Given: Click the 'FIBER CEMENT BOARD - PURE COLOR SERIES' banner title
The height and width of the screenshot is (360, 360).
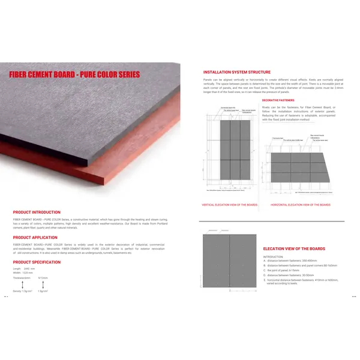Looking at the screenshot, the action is pyautogui.click(x=74, y=74).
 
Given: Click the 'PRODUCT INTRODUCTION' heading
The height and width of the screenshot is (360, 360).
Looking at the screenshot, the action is pyautogui.click(x=37, y=212).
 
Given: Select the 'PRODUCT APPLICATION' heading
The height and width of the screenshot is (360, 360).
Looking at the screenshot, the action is pyautogui.click(x=35, y=238).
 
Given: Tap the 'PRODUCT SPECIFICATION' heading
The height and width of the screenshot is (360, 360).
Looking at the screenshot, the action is pyautogui.click(x=37, y=262).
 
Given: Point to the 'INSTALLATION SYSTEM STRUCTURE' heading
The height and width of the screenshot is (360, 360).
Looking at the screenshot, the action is pyautogui.click(x=236, y=72).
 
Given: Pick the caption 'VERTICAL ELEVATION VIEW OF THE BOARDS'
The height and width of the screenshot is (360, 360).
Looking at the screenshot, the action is pyautogui.click(x=230, y=205).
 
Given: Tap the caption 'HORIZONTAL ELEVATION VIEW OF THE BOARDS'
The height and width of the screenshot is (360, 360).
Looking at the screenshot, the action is pyautogui.click(x=300, y=205).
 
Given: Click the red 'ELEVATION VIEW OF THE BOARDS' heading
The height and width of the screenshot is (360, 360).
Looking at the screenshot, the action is pyautogui.click(x=294, y=248).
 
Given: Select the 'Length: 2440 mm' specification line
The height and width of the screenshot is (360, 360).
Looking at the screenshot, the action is pyautogui.click(x=25, y=268).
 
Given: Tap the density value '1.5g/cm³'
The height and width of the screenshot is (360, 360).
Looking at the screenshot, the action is pyautogui.click(x=43, y=291).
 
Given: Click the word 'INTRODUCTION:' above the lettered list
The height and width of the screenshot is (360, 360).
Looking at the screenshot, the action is pyautogui.click(x=273, y=256).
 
